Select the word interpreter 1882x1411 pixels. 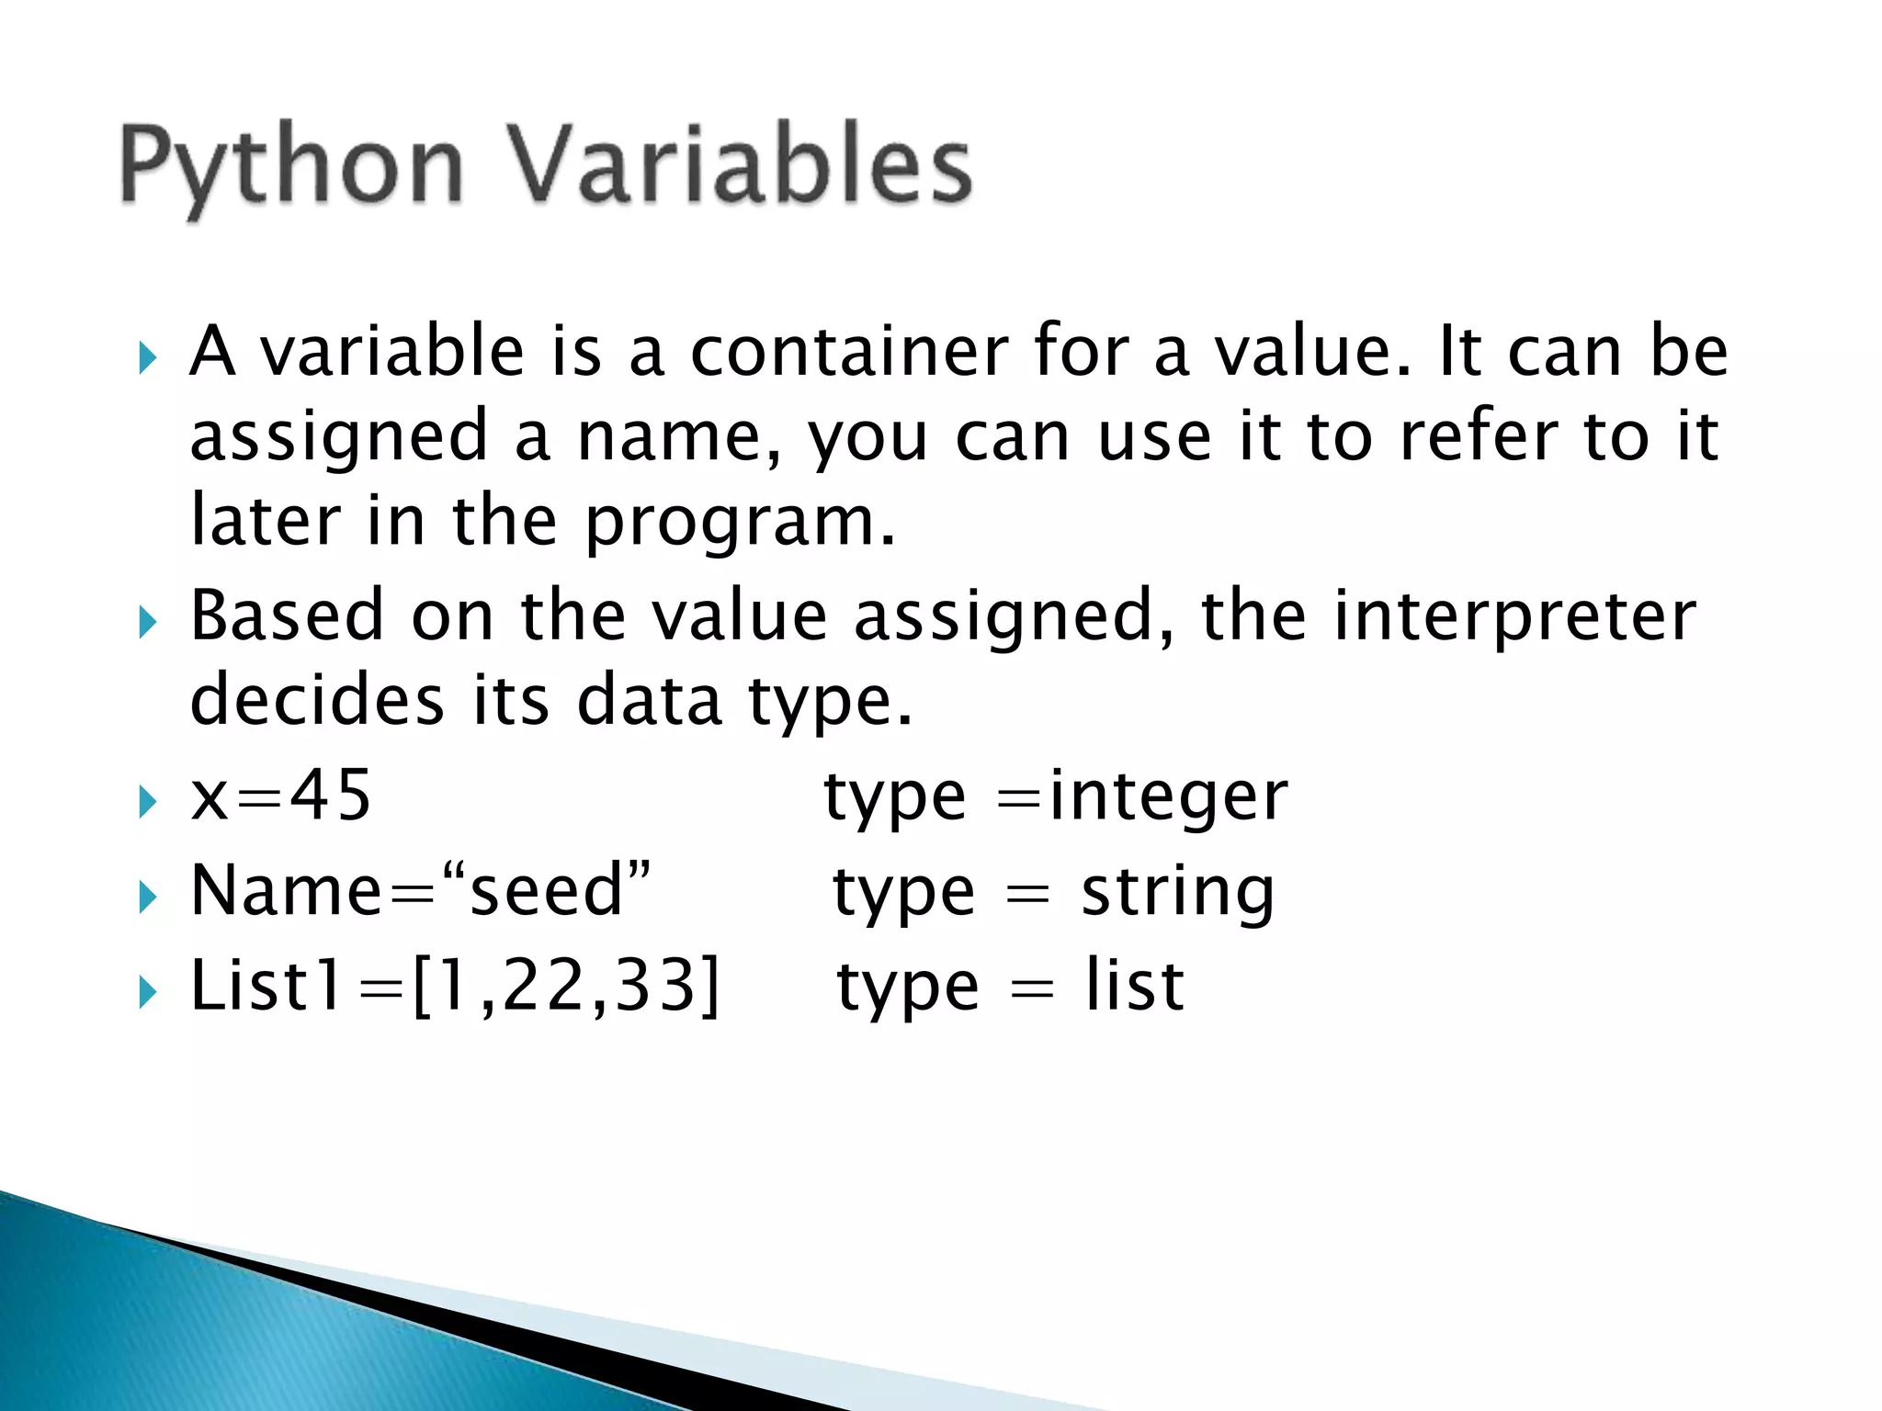tap(1514, 617)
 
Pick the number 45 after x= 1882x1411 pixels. tap(331, 796)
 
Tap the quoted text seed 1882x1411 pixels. tap(547, 891)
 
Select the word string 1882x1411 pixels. tap(1178, 893)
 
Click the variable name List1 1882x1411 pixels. tap(266, 987)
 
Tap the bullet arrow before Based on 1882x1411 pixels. tap(147, 623)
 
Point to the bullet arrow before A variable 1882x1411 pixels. tap(147, 358)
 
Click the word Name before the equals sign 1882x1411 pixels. tap(286, 891)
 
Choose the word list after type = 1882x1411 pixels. tap(1134, 987)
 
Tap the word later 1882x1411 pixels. tap(266, 522)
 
